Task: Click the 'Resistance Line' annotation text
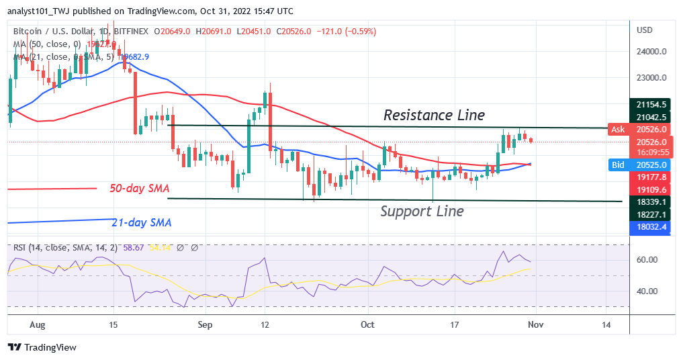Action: pos(434,115)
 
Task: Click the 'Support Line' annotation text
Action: pos(422,211)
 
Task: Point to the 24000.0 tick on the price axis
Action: pos(651,51)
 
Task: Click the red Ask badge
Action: pos(617,129)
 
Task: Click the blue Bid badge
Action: pos(617,164)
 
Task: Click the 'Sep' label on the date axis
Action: pos(206,325)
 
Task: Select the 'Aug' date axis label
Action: pos(38,325)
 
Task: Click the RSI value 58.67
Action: pos(128,248)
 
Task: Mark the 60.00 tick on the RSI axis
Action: pos(646,260)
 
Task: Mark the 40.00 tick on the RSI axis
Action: pos(646,291)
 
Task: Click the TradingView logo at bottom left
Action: pos(42,347)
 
